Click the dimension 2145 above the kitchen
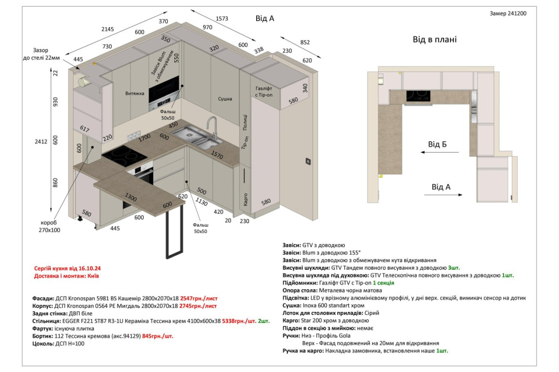[x=108, y=29]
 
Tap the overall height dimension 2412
[x=41, y=141]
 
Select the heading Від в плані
[x=435, y=40]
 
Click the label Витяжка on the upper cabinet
[x=135, y=93]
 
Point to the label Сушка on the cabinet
[x=225, y=99]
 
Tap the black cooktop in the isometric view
[x=124, y=156]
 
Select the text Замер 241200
[x=508, y=13]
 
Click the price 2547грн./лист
[x=198, y=298]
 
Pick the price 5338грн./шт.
[x=239, y=321]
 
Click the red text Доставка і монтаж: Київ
[x=66, y=276]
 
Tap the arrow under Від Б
[x=439, y=152]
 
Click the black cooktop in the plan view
[x=418, y=96]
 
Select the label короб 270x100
[x=49, y=226]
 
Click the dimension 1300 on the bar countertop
[x=130, y=197]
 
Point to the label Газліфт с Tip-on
[x=264, y=92]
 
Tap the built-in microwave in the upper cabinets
[x=164, y=93]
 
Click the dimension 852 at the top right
[x=305, y=42]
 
